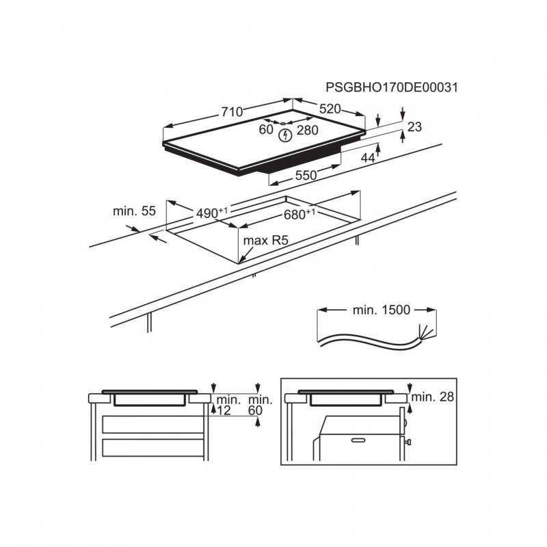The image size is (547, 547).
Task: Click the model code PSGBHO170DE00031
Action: click(391, 88)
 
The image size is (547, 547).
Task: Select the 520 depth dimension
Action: click(330, 109)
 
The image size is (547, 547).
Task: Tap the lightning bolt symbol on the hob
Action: click(286, 135)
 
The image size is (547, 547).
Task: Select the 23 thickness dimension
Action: click(414, 126)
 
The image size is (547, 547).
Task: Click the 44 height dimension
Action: click(368, 158)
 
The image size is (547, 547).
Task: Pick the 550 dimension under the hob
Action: click(305, 176)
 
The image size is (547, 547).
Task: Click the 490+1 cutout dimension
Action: click(211, 213)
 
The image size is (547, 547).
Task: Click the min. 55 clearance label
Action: click(135, 211)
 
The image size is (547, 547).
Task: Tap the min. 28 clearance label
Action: click(433, 397)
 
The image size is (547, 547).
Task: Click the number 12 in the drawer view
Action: click(224, 410)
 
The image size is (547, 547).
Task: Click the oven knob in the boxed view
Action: click(408, 444)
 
